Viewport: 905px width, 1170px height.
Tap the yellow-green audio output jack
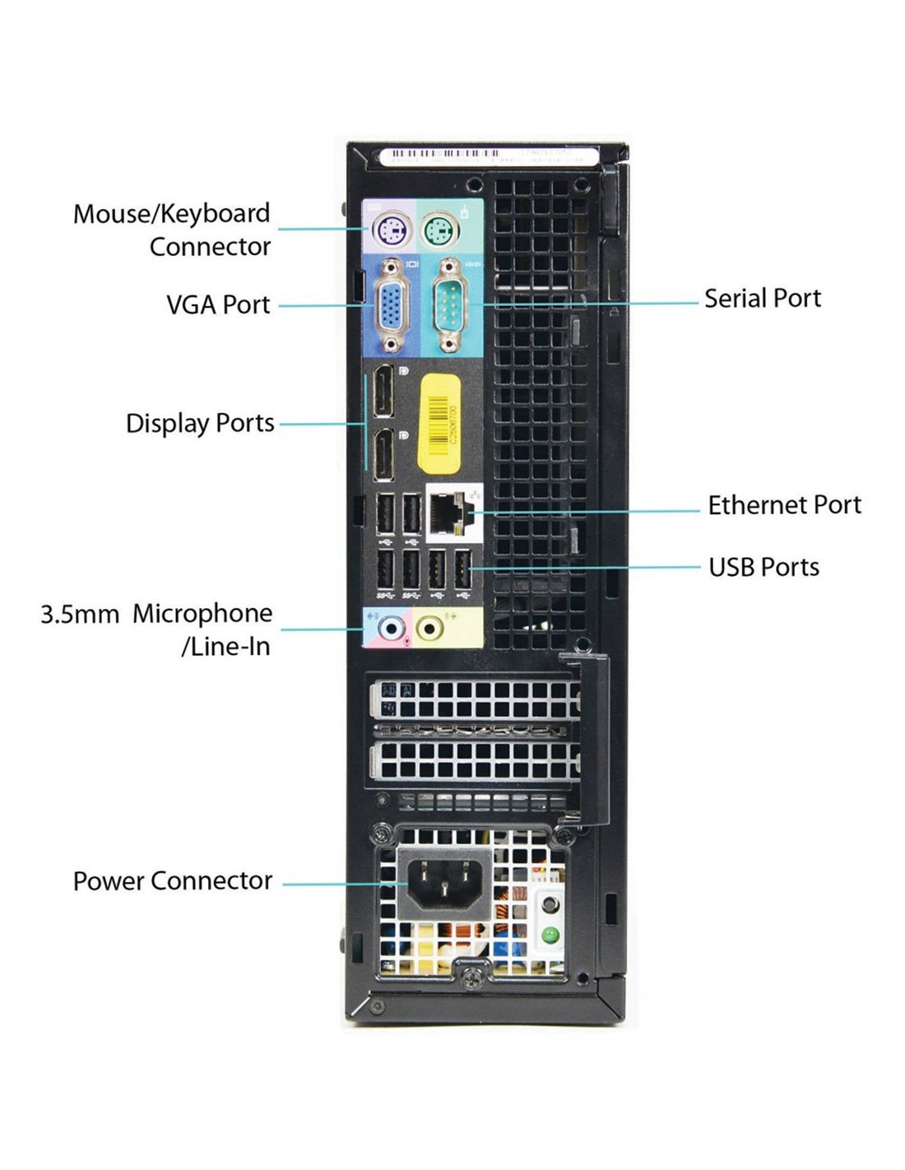click(429, 629)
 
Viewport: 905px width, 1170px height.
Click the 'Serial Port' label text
click(762, 298)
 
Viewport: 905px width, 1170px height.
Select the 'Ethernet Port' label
click(784, 504)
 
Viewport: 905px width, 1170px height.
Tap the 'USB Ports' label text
click(763, 567)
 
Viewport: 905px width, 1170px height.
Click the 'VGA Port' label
click(218, 304)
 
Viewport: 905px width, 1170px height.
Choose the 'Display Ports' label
click(200, 423)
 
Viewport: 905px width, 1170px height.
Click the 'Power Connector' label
click(173, 881)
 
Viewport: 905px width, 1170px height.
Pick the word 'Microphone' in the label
click(202, 614)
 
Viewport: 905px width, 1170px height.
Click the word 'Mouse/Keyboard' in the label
click(171, 214)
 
